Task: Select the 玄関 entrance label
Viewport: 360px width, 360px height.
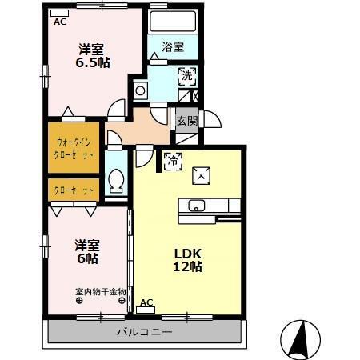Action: tap(186, 121)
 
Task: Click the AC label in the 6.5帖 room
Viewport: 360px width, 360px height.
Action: tap(60, 22)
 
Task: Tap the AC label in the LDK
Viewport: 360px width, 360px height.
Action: tap(146, 302)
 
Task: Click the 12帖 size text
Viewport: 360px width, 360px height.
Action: tap(189, 266)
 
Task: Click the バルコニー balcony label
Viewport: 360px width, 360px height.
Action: tap(145, 331)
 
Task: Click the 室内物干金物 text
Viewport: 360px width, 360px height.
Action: tap(100, 291)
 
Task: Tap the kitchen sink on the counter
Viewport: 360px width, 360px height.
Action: tap(196, 206)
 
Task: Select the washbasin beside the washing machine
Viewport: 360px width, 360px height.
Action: tap(142, 90)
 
